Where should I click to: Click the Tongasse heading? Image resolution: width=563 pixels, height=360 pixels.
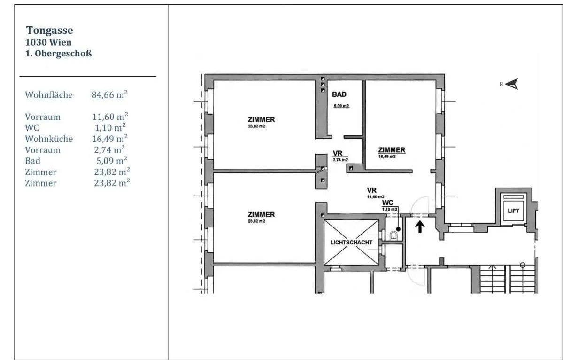[50, 31]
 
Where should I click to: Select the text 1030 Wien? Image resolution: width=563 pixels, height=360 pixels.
[48, 42]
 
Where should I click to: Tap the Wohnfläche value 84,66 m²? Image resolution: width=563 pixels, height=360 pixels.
[109, 94]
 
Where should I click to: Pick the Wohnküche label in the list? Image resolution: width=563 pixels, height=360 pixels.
[49, 139]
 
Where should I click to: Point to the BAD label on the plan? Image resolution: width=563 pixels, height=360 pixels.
[339, 94]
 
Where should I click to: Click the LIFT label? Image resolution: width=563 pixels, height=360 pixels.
[513, 211]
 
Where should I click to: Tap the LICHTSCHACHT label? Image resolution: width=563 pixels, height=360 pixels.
[351, 243]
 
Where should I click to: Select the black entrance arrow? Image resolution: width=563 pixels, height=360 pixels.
[420, 227]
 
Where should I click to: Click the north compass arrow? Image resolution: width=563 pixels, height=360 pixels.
[512, 84]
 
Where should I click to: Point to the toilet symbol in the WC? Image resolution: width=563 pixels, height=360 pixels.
[393, 235]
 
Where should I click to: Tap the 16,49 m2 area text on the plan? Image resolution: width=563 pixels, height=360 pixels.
[387, 157]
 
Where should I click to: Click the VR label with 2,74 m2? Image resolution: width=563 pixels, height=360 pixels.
[338, 153]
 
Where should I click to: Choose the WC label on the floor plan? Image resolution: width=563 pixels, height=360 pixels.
[388, 203]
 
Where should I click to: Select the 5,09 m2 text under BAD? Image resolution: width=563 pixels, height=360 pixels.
[341, 106]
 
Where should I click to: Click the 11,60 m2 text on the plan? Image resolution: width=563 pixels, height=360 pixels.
[376, 197]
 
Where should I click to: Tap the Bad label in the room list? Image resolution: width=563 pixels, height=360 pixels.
[33, 161]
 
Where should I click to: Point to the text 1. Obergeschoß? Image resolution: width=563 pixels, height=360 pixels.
[59, 54]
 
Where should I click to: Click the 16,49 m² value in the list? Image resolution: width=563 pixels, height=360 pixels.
[110, 139]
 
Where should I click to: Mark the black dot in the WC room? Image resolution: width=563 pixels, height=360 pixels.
[398, 229]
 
